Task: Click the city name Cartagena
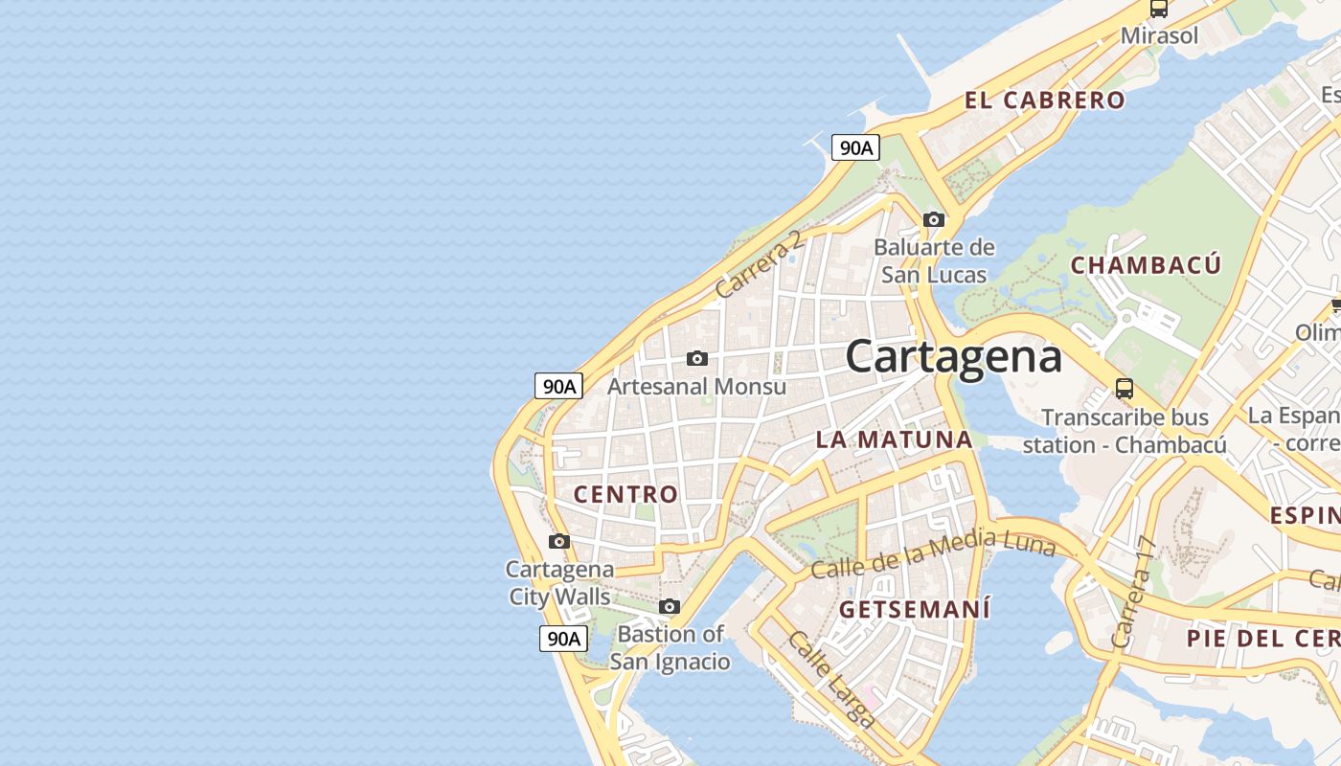[953, 357]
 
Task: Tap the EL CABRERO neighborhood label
[1044, 100]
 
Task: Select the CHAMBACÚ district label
[1146, 265]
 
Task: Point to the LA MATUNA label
[894, 439]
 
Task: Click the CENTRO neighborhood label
[625, 494]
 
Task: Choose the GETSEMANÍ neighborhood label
[915, 609]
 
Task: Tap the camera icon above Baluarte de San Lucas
[934, 219]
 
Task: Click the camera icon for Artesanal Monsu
[697, 358]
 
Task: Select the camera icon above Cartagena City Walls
[559, 541]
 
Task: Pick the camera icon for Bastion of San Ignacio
[670, 606]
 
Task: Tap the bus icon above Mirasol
[1159, 9]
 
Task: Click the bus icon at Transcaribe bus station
[1125, 389]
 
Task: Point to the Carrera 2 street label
[759, 264]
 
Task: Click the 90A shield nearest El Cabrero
[855, 147]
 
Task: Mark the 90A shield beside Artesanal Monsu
[558, 386]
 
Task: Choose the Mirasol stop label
[1159, 36]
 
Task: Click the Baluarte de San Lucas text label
[934, 260]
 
